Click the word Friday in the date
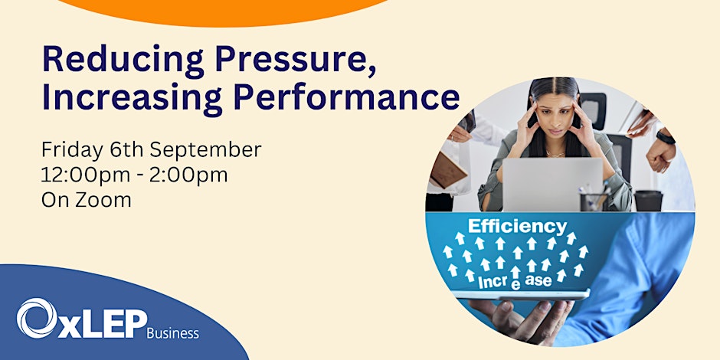pyautogui.click(x=67, y=148)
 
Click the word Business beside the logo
pyautogui.click(x=173, y=333)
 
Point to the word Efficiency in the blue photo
pyautogui.click(x=517, y=227)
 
